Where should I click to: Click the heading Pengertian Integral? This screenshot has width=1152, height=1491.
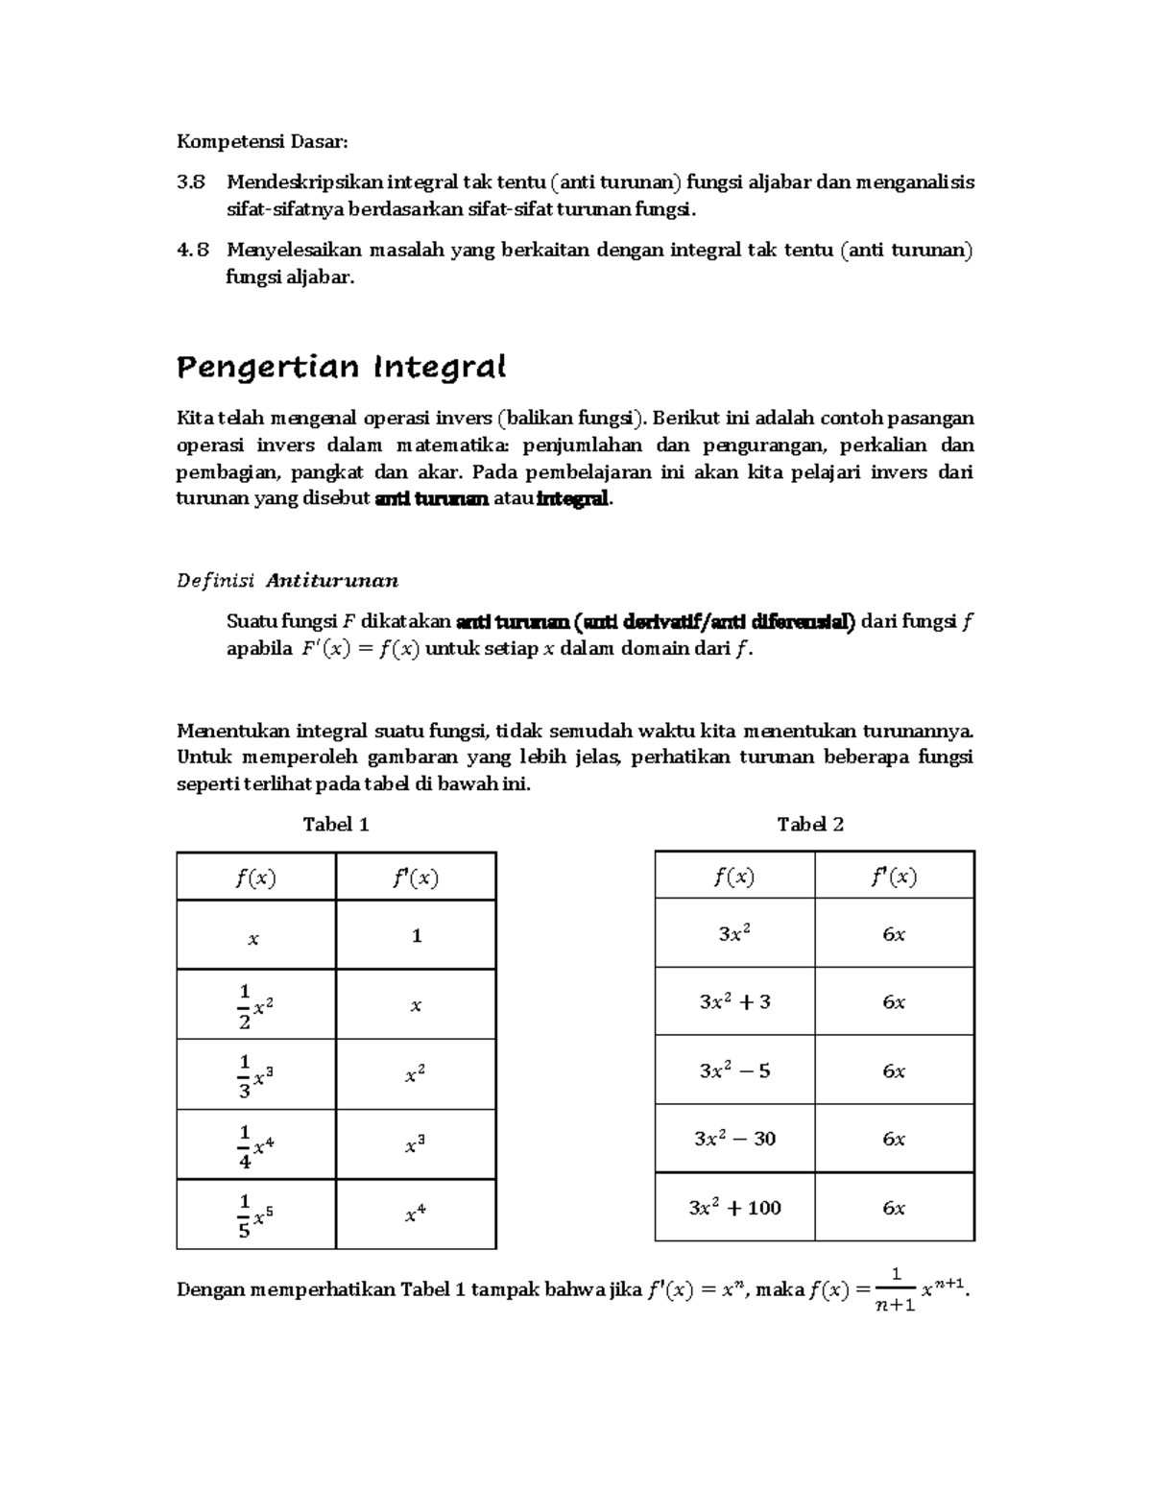(x=342, y=367)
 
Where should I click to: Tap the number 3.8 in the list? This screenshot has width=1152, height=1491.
(x=192, y=182)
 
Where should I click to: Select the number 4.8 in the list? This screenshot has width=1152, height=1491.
(x=192, y=251)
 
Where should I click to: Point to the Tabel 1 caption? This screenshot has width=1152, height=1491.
(x=336, y=824)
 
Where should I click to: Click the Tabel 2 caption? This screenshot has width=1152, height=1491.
(x=810, y=824)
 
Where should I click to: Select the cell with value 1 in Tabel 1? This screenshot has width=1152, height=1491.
(x=417, y=935)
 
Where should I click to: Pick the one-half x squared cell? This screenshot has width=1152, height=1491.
(x=255, y=1005)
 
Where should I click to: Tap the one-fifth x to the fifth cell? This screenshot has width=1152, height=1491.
(x=255, y=1214)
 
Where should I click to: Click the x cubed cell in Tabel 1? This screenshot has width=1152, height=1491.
(x=415, y=1144)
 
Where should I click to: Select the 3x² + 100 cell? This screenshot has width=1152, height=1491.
(x=735, y=1208)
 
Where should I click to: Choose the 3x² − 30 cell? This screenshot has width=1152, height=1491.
(x=735, y=1139)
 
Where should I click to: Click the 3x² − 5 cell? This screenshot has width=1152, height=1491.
(x=735, y=1070)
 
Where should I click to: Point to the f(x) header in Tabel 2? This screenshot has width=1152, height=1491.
(x=734, y=876)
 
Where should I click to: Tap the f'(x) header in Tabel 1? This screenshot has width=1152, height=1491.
(x=416, y=878)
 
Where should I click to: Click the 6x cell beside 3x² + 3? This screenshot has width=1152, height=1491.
(x=894, y=1002)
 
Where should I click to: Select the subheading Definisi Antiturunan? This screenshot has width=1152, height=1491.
(x=288, y=580)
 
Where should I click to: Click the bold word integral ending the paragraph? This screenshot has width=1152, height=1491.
(x=573, y=498)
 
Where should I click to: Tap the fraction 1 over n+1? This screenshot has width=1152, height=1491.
(x=896, y=1289)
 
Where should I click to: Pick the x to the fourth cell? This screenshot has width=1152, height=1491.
(x=415, y=1214)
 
